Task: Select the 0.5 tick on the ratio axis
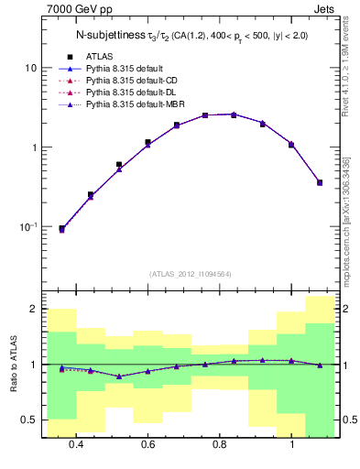[x=28, y=420]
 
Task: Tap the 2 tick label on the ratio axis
[x=33, y=309]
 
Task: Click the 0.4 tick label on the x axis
[x=75, y=445]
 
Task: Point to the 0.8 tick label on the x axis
[x=220, y=445]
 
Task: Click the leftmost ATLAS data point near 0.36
[x=61, y=228]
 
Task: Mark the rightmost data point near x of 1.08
[x=320, y=182]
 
